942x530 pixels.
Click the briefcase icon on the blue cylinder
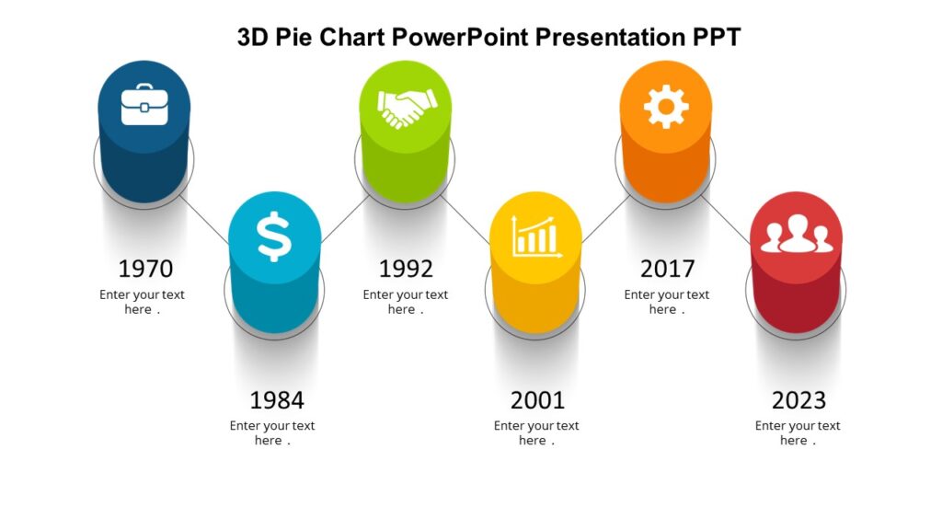pyautogui.click(x=144, y=104)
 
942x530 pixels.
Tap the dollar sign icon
pyautogui.click(x=274, y=236)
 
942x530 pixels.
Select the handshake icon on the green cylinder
pyautogui.click(x=405, y=108)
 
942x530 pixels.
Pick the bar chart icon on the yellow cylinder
pyautogui.click(x=536, y=236)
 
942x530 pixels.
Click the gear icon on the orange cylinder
pyautogui.click(x=666, y=106)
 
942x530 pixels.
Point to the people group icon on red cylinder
pyautogui.click(x=797, y=236)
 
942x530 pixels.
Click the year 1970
pyautogui.click(x=145, y=269)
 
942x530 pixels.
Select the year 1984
pyautogui.click(x=276, y=400)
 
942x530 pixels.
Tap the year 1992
pyautogui.click(x=406, y=269)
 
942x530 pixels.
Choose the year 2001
pyautogui.click(x=537, y=400)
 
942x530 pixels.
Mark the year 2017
pyautogui.click(x=667, y=269)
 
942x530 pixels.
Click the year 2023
pyautogui.click(x=798, y=400)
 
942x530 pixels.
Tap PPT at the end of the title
pyautogui.click(x=717, y=37)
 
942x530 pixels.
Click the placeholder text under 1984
pyautogui.click(x=272, y=432)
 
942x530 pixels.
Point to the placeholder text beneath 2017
pyautogui.click(x=666, y=302)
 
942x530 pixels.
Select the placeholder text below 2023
pyautogui.click(x=798, y=432)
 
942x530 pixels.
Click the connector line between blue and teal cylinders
pyautogui.click(x=204, y=219)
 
